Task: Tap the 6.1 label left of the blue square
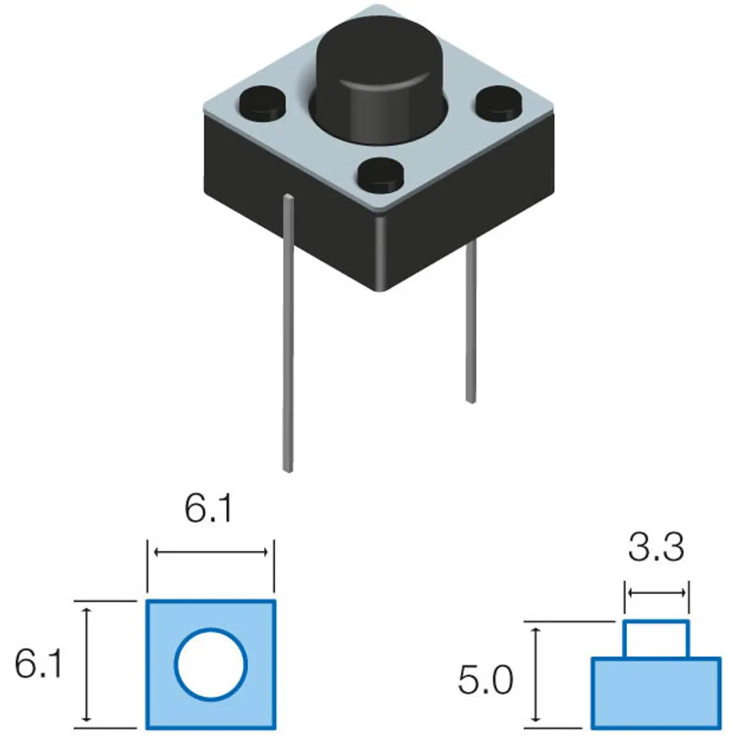(38, 664)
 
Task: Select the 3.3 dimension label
(656, 548)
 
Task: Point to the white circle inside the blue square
(211, 664)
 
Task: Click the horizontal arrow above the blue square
(211, 553)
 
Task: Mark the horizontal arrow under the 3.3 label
(656, 592)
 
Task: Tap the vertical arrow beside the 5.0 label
(537, 673)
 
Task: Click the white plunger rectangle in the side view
(656, 639)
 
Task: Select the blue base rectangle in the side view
(655, 693)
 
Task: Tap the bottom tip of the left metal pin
(287, 469)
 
